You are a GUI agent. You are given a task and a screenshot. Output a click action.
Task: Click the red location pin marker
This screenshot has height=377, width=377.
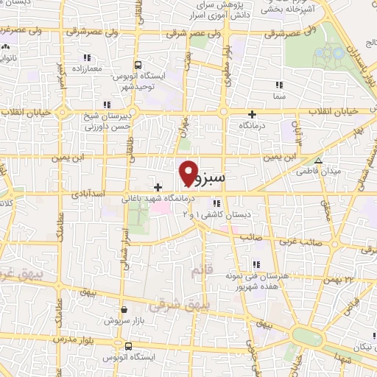tap(188, 172)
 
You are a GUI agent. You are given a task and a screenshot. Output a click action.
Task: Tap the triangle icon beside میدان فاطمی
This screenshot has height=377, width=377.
tap(318, 161)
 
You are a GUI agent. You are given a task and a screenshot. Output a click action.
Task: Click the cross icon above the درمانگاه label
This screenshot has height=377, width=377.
tap(253, 114)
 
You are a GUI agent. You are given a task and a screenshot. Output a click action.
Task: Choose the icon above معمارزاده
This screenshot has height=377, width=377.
tap(88, 57)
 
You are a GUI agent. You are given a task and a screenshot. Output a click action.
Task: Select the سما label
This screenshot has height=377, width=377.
tap(278, 96)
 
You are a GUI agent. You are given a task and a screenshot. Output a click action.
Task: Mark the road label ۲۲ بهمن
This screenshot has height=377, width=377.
tap(348, 279)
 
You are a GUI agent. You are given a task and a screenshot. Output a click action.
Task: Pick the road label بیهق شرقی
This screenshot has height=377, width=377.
tap(175, 302)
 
